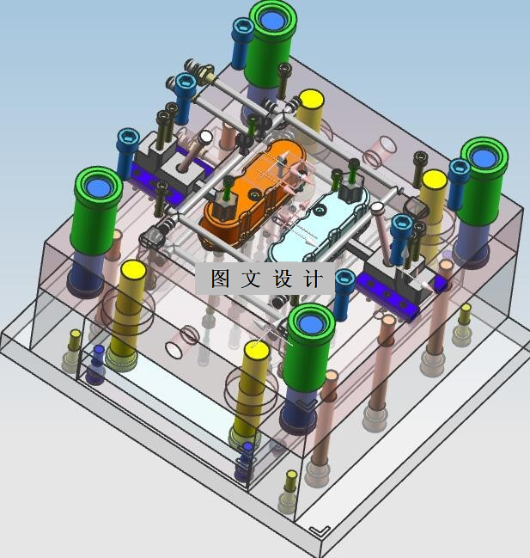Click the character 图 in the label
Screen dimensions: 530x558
(220, 279)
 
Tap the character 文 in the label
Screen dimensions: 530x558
(251, 279)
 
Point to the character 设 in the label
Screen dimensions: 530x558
(283, 279)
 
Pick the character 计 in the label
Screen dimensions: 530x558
(314, 279)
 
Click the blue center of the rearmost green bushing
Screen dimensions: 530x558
(273, 21)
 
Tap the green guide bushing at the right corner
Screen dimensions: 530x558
(483, 181)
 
